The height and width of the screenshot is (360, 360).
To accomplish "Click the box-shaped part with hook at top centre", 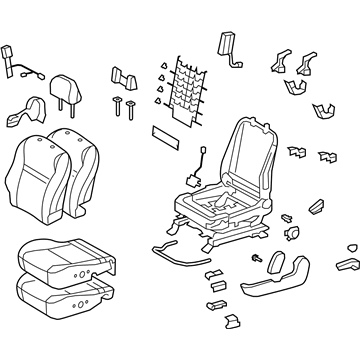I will tap(229, 45).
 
